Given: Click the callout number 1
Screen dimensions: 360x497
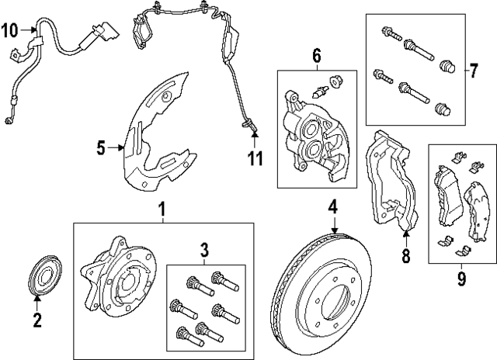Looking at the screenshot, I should pyautogui.click(x=162, y=209).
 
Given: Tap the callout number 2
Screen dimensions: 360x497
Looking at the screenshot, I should pyautogui.click(x=36, y=319).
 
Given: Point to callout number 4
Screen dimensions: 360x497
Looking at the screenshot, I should pyautogui.click(x=332, y=207).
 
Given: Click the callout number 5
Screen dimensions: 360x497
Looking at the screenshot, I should pyautogui.click(x=100, y=147).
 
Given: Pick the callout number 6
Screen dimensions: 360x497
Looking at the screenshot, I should pyautogui.click(x=316, y=56).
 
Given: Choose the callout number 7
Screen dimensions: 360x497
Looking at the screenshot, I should pyautogui.click(x=473, y=71).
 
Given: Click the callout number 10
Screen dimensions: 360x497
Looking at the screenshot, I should pyautogui.click(x=9, y=31).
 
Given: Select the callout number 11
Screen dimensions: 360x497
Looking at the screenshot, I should pyautogui.click(x=255, y=158).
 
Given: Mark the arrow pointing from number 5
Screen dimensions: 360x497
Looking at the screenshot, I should pyautogui.click(x=119, y=147).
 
